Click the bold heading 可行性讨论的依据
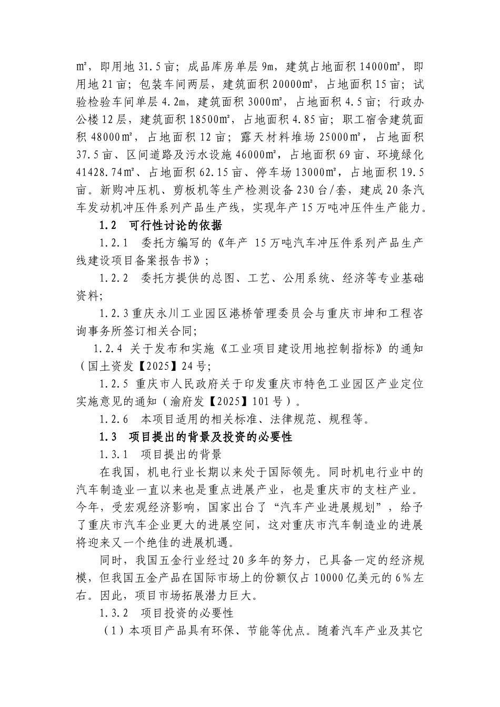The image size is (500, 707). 175,226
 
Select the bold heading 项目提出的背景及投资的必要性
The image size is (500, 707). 211,437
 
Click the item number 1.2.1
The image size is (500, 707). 114,244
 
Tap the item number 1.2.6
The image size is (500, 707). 114,419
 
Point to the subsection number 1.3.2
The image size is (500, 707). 114,613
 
